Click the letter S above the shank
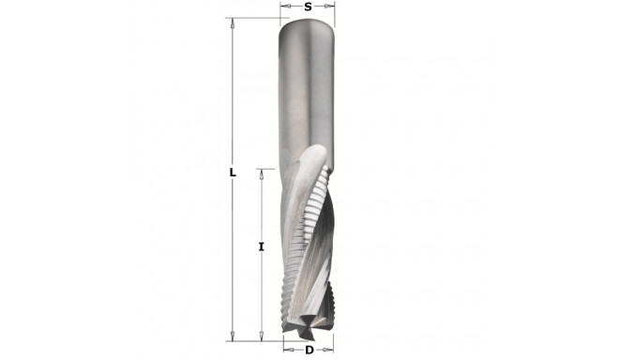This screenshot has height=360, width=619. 308,7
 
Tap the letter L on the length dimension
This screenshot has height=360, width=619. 232,173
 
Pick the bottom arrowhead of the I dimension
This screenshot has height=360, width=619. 262,334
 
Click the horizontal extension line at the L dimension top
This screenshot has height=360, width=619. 253,18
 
